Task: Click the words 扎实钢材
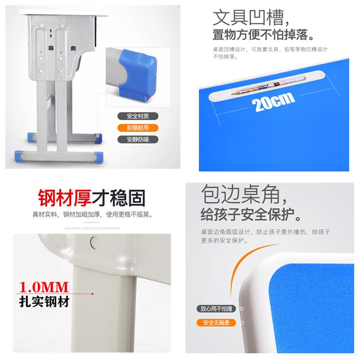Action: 44,301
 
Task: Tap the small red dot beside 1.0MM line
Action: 92,294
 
